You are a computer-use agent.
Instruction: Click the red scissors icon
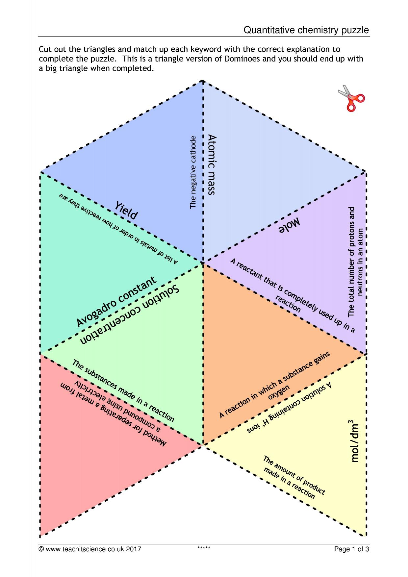[351, 98]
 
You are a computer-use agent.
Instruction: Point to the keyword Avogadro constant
[116, 302]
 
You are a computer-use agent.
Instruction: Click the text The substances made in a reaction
[123, 391]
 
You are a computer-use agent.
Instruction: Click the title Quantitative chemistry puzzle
[306, 30]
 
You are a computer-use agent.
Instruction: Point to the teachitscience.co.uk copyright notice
[90, 549]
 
